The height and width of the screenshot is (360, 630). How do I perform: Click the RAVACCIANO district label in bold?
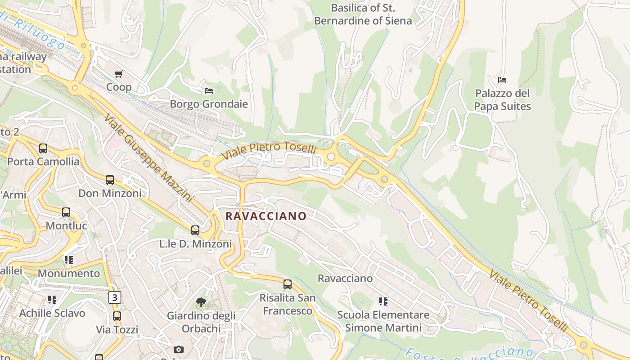(265, 216)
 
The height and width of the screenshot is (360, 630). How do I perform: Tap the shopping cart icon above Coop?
(119, 74)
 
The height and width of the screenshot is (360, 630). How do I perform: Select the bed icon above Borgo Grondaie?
(209, 90)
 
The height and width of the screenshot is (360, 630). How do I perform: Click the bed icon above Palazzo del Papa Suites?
(502, 80)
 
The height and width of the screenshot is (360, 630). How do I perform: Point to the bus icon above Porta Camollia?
(43, 148)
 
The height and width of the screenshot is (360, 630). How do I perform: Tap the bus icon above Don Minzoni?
(110, 180)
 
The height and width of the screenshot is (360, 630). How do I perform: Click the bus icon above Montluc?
(66, 212)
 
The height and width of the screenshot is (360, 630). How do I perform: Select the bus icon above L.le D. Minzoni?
(195, 230)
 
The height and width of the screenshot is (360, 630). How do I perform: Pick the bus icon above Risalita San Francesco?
(288, 284)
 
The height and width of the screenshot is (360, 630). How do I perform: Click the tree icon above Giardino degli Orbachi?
(201, 302)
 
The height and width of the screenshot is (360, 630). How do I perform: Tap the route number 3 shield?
(115, 297)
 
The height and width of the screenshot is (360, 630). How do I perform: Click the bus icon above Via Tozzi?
(117, 316)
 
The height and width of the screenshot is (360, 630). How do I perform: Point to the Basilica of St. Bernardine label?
(363, 14)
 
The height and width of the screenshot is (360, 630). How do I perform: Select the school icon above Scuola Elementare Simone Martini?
(383, 301)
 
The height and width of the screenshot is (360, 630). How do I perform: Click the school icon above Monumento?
(68, 260)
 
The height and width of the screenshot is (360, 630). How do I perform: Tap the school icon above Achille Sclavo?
(52, 299)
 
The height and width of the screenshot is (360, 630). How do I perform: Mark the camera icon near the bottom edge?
(179, 349)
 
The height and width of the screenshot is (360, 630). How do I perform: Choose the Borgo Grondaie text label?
(209, 104)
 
